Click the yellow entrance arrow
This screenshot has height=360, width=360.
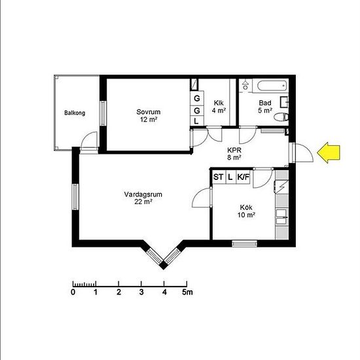[x=329, y=153]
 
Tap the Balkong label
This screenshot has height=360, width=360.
[x=75, y=113]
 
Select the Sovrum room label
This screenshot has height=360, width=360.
[x=149, y=112]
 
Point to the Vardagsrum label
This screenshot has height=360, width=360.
[x=143, y=194]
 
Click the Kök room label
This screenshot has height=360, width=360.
[x=246, y=207]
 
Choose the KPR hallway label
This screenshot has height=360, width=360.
[x=234, y=150]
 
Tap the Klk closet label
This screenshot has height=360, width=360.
[x=219, y=103]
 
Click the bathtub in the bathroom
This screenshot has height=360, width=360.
[x=272, y=86]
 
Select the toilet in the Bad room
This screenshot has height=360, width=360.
[x=281, y=117]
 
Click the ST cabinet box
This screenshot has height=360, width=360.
[x=218, y=177]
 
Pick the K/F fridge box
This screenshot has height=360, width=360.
[x=243, y=177]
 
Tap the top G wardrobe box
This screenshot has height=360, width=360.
[x=197, y=98]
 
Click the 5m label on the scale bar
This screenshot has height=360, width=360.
[x=188, y=292]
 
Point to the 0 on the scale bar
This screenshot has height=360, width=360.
[x=73, y=292]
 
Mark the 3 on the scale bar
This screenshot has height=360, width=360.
[x=141, y=292]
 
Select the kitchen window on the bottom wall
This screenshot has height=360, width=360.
[x=244, y=243]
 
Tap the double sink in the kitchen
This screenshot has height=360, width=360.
[x=281, y=216]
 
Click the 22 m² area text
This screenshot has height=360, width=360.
[x=144, y=202]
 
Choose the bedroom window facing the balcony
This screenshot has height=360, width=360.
[x=103, y=113]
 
